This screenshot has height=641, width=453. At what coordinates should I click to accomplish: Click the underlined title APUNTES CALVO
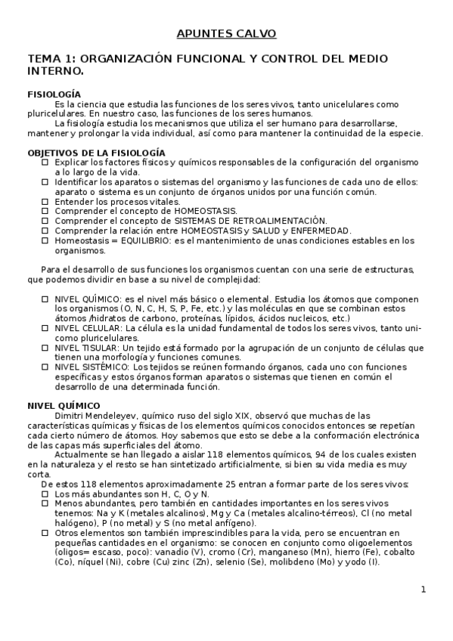click(226, 33)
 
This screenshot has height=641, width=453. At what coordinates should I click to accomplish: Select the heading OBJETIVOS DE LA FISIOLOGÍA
click(96, 152)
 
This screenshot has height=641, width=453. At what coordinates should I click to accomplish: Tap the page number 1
click(424, 590)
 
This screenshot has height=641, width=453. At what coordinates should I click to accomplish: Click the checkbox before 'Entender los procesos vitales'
click(45, 202)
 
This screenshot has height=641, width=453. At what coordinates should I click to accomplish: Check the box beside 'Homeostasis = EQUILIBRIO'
click(45, 240)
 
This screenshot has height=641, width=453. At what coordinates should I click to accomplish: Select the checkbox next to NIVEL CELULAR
click(45, 329)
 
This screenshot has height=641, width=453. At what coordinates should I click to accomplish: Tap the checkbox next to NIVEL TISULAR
click(45, 348)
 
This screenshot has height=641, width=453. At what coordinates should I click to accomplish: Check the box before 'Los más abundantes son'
click(45, 494)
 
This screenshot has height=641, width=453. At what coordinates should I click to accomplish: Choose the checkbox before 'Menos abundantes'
click(45, 503)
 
